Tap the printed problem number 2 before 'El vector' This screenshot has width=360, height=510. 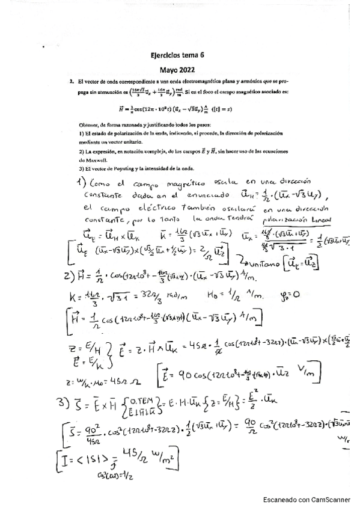coord(72,81)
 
